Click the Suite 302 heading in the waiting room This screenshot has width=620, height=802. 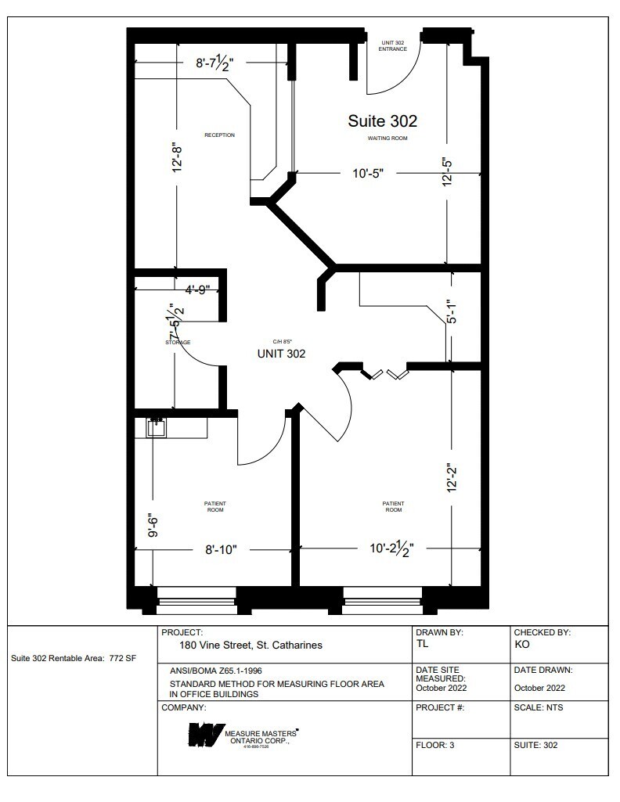[x=382, y=121]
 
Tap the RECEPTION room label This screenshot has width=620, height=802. [x=219, y=135]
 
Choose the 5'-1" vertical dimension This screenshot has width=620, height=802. [x=448, y=311]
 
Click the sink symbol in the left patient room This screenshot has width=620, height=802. [x=157, y=427]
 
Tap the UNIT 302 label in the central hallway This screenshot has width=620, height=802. [x=281, y=354]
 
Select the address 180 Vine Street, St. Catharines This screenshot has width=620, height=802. [x=251, y=646]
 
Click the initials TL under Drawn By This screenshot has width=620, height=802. [x=423, y=644]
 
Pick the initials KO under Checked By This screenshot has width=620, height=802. [x=521, y=644]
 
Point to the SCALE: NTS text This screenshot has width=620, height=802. [x=539, y=707]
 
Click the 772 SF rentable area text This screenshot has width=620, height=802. [x=121, y=658]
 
